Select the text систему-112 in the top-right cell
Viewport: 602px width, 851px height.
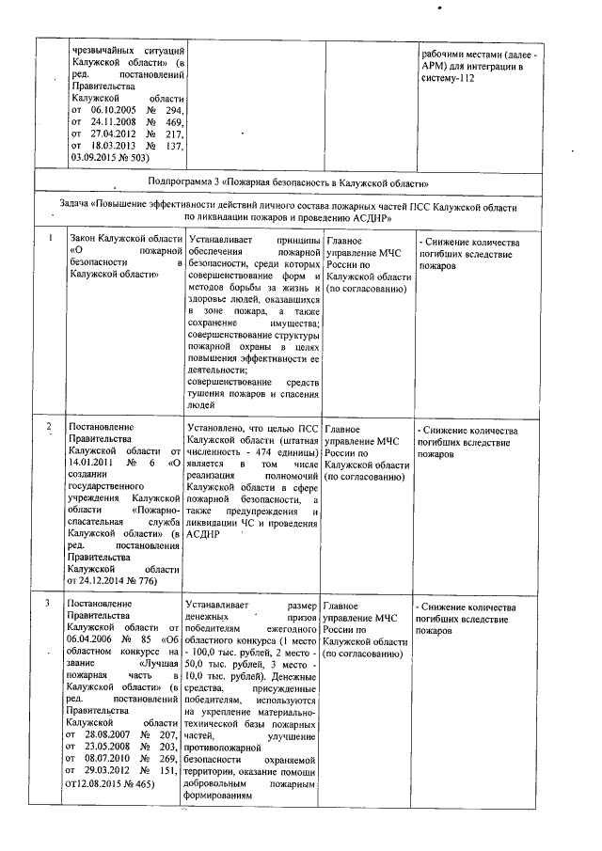click(x=449, y=77)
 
